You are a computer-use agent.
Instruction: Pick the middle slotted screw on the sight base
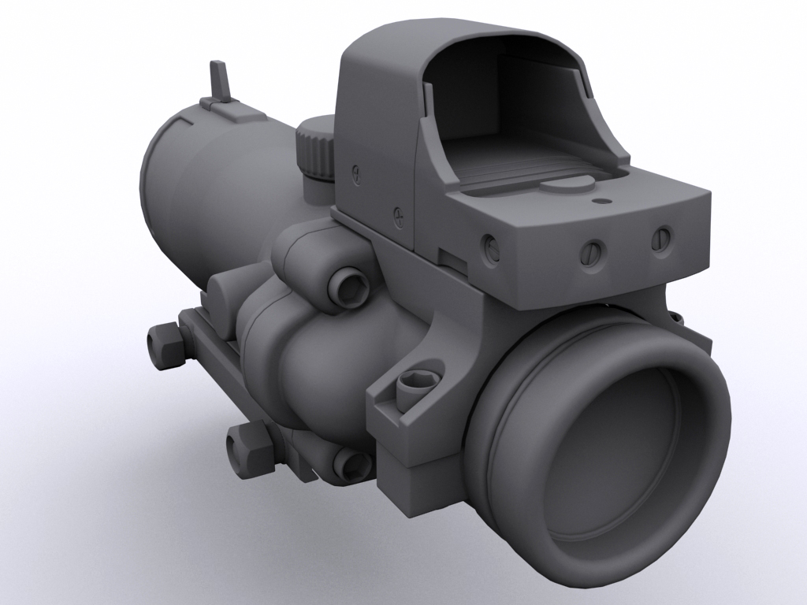coord(590,251)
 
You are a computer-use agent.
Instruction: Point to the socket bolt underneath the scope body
coord(348,465)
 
